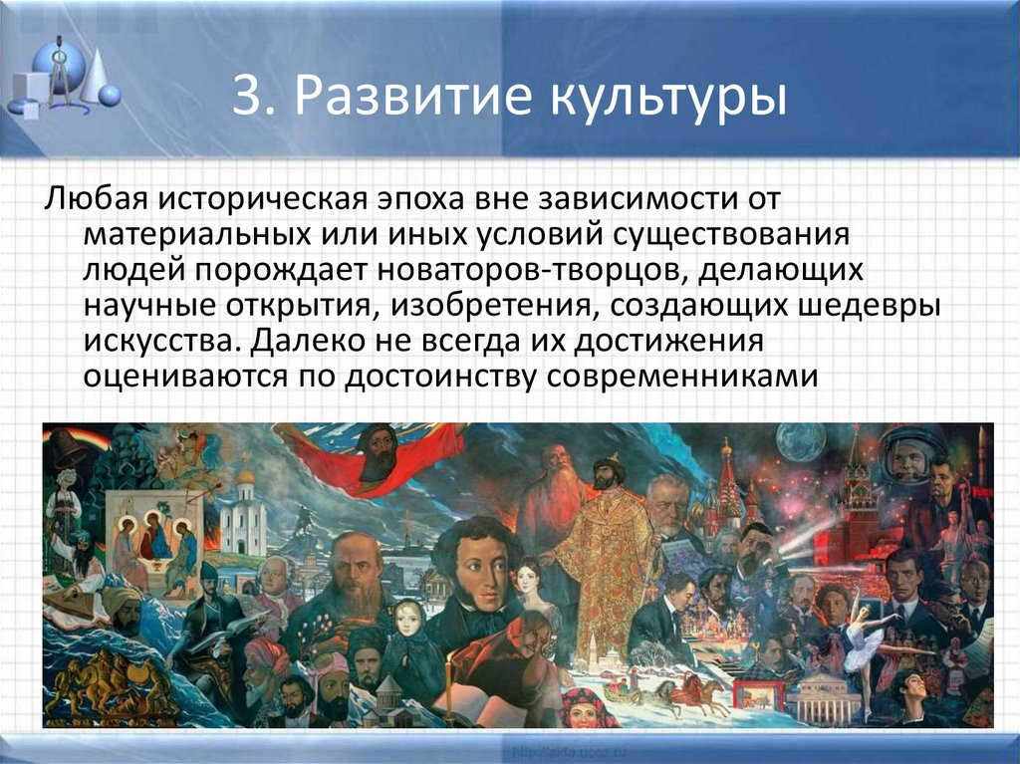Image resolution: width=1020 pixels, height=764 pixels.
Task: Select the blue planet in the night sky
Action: (x=801, y=442)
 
